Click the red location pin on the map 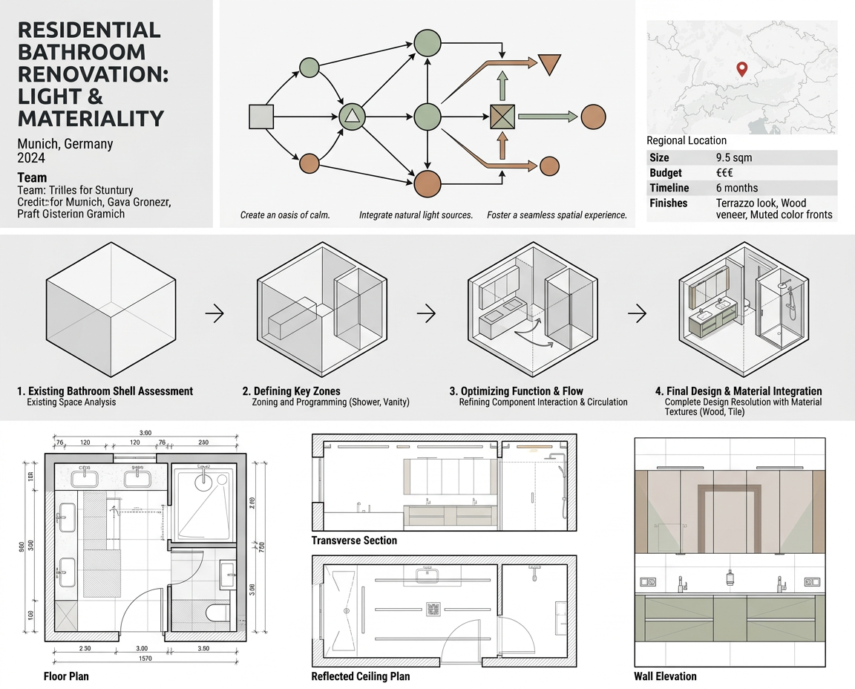(x=741, y=69)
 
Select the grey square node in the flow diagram (x=261, y=117)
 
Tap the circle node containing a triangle (x=353, y=116)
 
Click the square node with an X (x=502, y=117)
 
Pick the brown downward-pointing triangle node (x=550, y=64)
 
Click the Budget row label (x=666, y=173)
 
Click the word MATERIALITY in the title (x=90, y=118)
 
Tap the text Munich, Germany (x=65, y=144)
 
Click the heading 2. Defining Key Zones (x=291, y=391)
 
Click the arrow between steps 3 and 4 (x=637, y=313)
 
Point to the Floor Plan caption (x=66, y=676)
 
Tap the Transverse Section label (x=354, y=541)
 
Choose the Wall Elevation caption (x=665, y=676)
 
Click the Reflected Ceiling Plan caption (x=360, y=676)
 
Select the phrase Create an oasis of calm (x=285, y=215)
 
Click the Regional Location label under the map (x=687, y=140)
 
